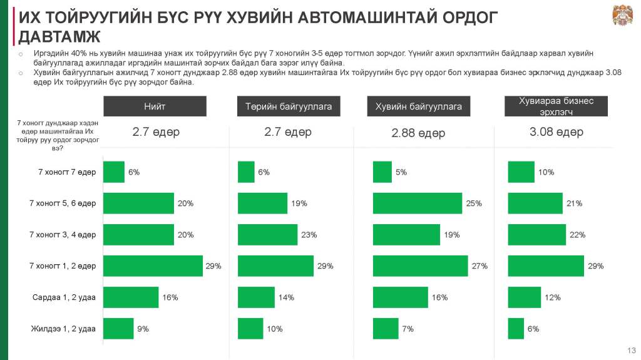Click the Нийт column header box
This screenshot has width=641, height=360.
point(155,106)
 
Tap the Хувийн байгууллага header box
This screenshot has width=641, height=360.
point(418,106)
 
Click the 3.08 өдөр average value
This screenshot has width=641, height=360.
point(556,132)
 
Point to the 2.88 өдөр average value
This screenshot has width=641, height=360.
point(418,133)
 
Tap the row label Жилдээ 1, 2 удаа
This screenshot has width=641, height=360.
point(63,329)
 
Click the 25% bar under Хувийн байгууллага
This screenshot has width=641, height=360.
point(417,203)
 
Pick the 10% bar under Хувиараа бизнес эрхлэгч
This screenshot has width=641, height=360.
point(521,172)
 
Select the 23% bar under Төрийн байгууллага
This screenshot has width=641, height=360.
point(267,235)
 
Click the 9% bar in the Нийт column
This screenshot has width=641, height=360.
point(118,329)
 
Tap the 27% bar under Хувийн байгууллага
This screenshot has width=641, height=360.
point(420,266)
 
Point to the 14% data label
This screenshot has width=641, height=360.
point(286,297)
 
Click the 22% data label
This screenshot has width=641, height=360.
point(577,235)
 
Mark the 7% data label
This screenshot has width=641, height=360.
point(408,329)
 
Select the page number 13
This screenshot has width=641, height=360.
point(631,349)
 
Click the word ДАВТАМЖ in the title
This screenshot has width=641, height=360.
point(59,36)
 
